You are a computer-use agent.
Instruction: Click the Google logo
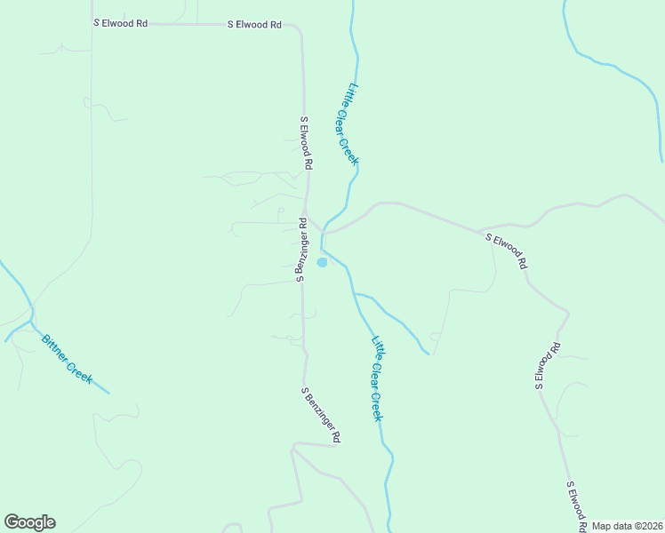29,522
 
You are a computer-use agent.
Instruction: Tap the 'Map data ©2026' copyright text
627,526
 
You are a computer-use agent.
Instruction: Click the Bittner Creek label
67,358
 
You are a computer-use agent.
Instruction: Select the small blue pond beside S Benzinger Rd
322,262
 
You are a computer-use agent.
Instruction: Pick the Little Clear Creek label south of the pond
377,378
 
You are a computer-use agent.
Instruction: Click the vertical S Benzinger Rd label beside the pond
301,250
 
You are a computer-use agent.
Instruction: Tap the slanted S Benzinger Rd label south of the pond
321,415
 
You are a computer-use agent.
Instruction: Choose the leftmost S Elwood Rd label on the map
120,23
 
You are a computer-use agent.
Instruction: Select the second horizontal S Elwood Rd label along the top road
254,25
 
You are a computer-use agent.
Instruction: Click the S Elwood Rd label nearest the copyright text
576,506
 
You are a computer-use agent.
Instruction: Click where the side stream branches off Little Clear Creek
354,292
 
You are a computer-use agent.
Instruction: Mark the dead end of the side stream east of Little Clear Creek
429,354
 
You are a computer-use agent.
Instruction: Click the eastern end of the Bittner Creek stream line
109,392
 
